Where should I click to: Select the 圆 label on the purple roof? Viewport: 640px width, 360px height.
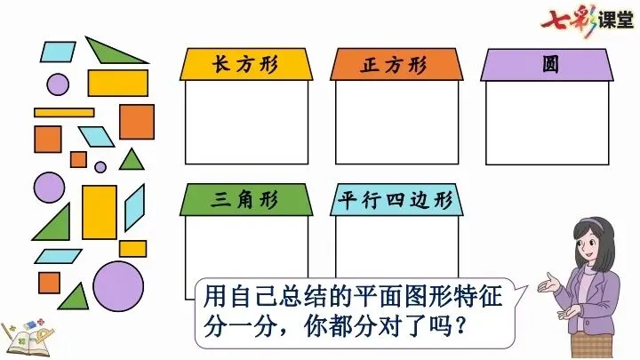coord(549,65)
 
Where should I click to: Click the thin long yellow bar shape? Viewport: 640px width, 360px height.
coord(64,113)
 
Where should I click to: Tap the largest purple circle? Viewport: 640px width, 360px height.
coord(118,285)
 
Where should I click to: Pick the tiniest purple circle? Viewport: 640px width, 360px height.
coord(100,166)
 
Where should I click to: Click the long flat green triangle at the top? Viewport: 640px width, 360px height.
coord(113,52)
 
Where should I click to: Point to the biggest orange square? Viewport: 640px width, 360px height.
coord(138,122)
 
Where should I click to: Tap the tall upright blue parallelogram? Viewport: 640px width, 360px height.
coord(134,206)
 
